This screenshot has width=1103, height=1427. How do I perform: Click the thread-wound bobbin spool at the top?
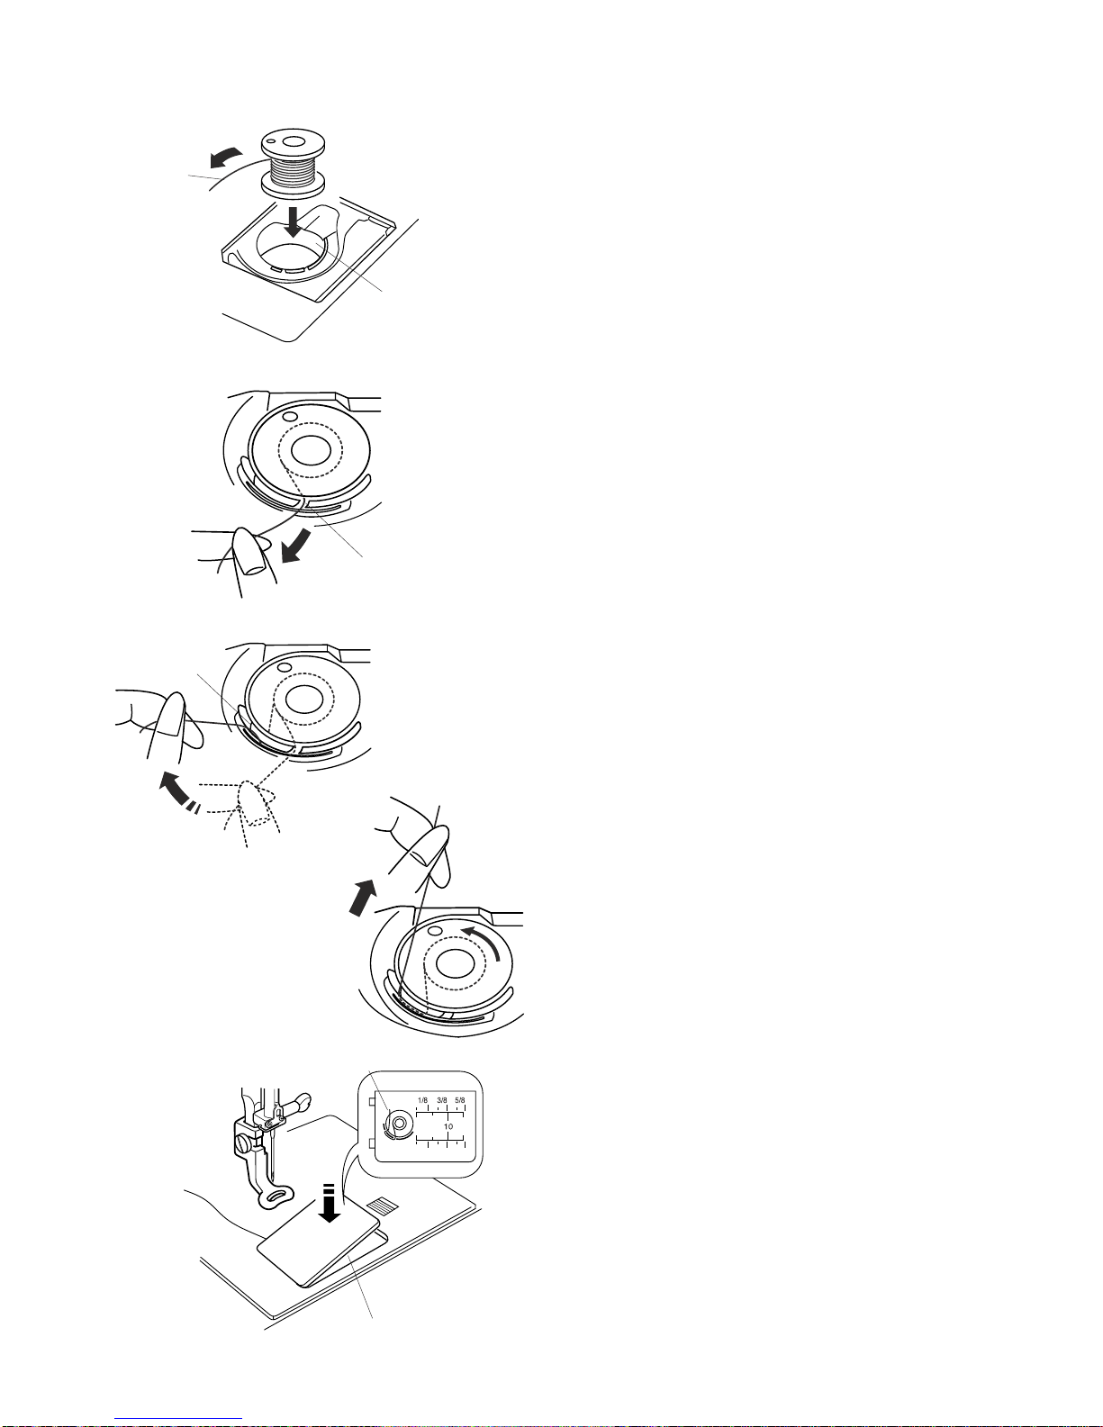293,163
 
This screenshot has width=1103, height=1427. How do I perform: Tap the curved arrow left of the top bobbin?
225,158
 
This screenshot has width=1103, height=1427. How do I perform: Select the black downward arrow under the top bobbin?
294,222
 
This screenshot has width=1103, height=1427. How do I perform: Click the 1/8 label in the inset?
422,1100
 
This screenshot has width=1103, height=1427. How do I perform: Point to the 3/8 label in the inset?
442,1100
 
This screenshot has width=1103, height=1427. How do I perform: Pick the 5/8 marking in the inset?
460,1100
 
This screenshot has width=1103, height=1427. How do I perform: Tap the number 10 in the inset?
448,1126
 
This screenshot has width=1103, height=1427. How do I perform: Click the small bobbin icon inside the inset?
396,1122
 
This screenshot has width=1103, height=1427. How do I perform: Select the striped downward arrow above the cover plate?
329,1203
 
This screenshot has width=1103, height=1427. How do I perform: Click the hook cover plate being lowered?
318,1238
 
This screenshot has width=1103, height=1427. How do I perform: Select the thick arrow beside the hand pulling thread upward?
363,898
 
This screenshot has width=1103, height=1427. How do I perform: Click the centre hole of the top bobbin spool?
294,140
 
